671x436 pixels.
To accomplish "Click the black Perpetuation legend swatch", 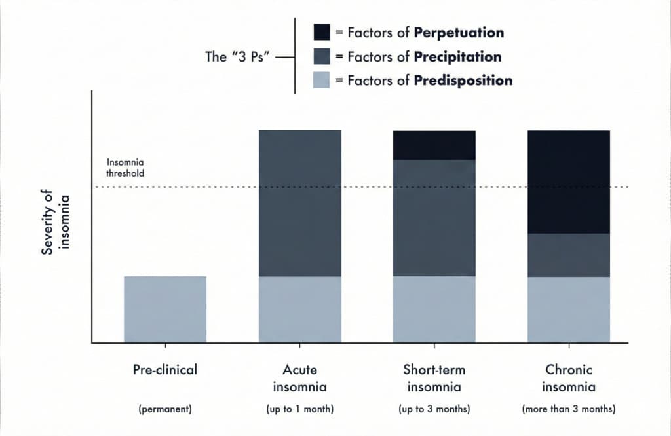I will click(322, 32).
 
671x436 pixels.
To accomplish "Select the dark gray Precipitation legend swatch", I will click(322, 56).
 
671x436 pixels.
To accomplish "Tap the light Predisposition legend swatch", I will click(322, 81).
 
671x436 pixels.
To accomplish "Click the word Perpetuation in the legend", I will click(459, 32).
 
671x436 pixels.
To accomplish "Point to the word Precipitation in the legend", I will click(458, 56).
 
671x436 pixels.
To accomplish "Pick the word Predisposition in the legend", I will click(463, 81).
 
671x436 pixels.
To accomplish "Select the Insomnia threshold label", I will click(125, 168).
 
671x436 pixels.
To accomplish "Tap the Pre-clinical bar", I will click(165, 309).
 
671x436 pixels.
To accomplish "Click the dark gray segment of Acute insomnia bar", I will click(300, 203).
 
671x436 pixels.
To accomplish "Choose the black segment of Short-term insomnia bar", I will click(434, 145).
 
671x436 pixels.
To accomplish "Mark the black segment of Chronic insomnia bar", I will click(569, 181).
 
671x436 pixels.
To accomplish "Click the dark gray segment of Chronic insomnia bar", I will click(569, 255).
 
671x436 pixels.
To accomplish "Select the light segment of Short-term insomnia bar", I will click(434, 309).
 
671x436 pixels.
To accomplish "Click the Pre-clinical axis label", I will click(165, 370).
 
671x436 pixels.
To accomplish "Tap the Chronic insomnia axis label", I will click(569, 378).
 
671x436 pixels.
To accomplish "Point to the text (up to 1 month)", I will click(300, 410).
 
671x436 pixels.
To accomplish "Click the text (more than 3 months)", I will click(569, 410).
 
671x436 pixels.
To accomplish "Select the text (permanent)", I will click(165, 410).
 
